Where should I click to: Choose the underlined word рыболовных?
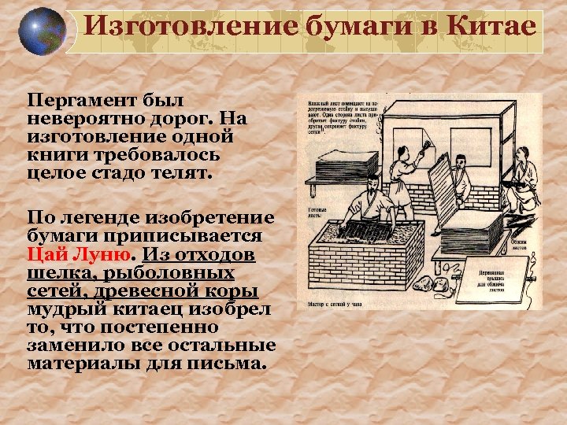tap(181, 273)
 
